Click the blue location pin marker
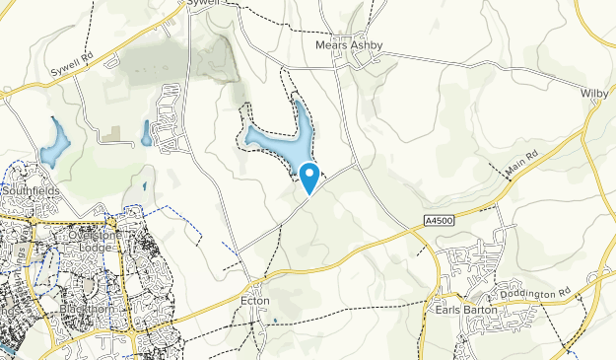[309, 178]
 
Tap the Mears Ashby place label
[349, 44]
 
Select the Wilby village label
[595, 92]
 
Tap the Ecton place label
[254, 301]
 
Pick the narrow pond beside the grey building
[146, 132]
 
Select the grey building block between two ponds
[115, 131]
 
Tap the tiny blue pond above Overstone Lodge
[144, 184]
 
